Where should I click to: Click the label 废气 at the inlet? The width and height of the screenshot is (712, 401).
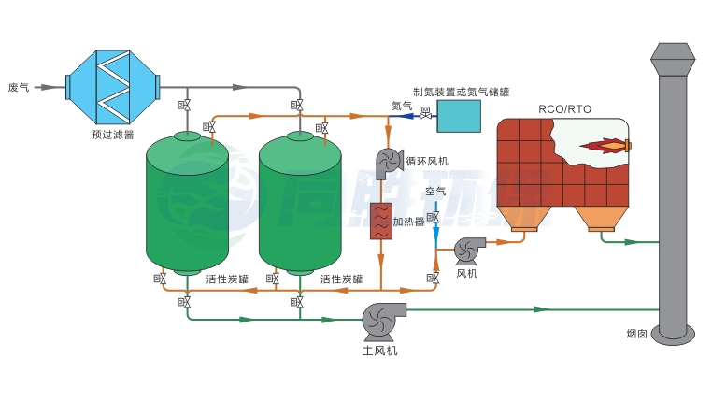[x=19, y=87]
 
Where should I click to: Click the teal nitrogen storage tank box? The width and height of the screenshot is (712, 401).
[x=459, y=115]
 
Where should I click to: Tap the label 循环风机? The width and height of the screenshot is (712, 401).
[x=427, y=161]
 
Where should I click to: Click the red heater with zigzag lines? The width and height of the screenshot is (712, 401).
[x=379, y=221]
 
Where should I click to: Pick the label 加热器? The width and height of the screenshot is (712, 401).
[x=408, y=222]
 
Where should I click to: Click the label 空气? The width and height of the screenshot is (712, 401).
[x=435, y=192]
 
